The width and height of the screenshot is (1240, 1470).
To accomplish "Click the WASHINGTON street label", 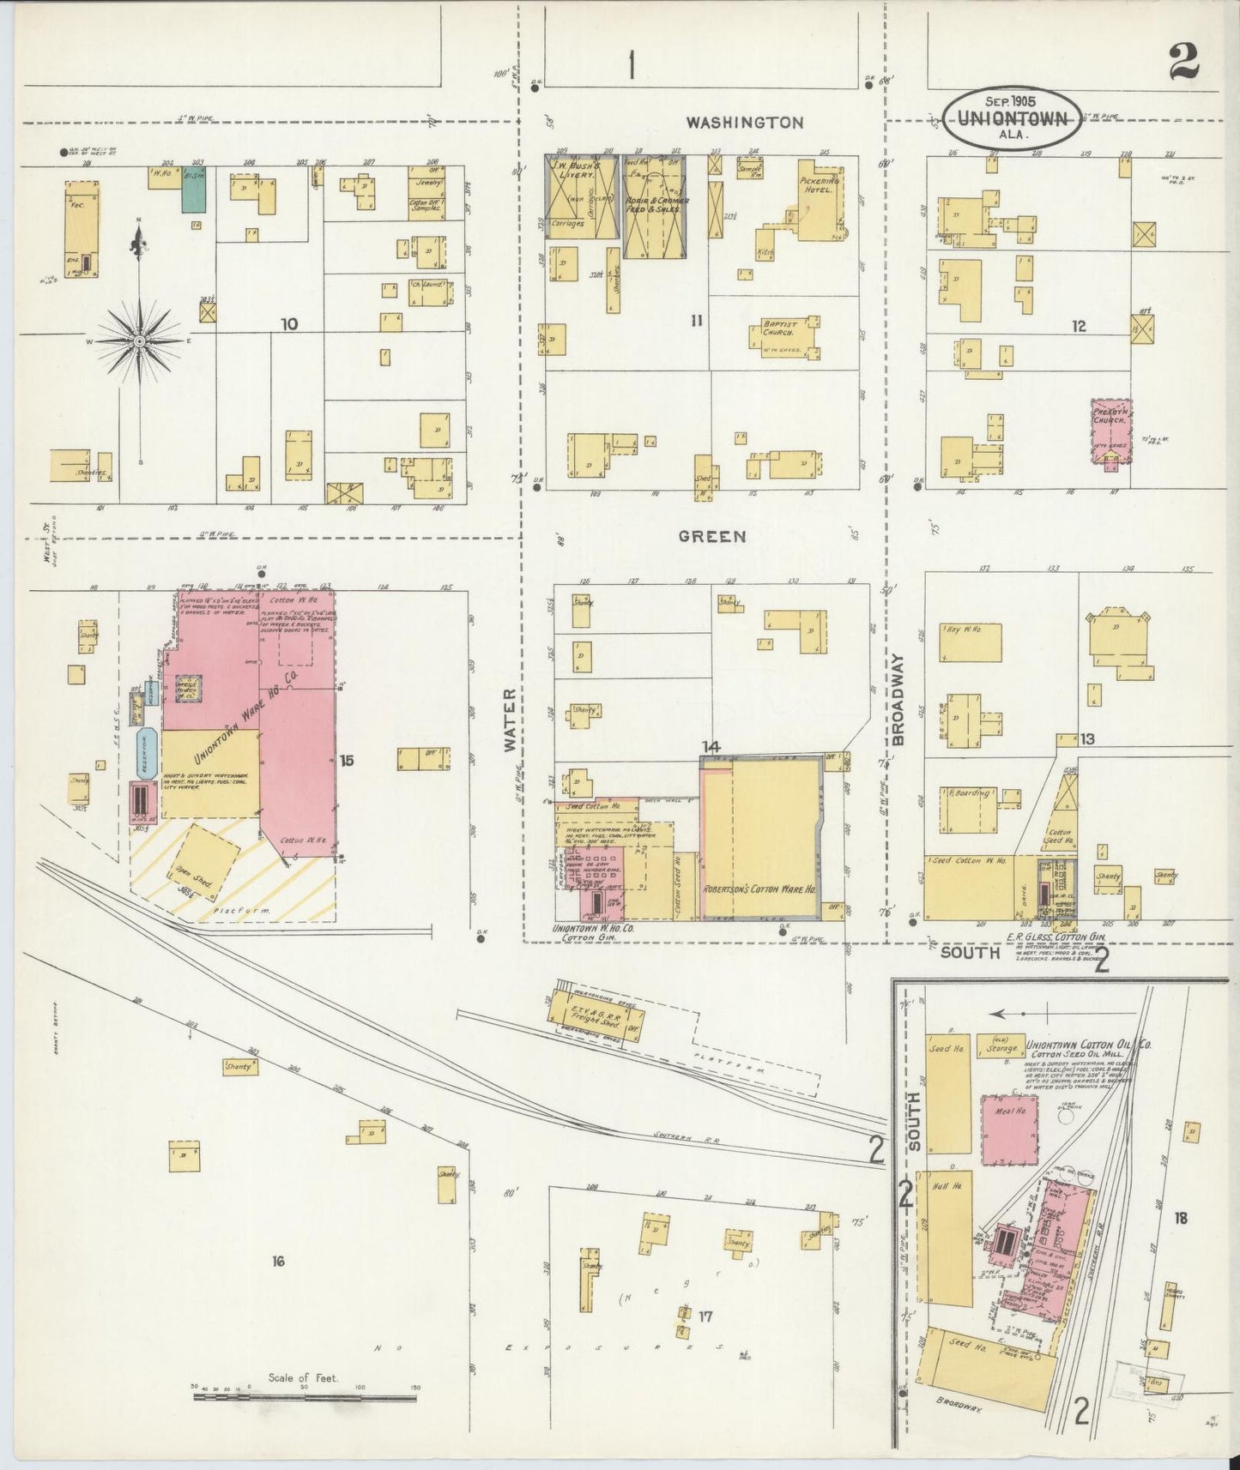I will coord(744,123).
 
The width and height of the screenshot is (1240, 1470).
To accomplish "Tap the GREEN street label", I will coord(711,537).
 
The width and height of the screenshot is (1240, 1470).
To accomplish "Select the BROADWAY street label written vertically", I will coord(898,697).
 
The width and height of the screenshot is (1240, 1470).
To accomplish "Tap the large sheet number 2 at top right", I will coord(1183,60).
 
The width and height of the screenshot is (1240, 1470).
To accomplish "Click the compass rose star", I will coord(139,341).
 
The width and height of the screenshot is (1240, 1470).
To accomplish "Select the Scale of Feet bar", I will coord(305,1397).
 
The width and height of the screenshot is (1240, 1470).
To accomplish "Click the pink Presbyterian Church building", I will coord(1110,430).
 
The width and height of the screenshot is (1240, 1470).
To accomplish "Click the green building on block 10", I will coord(193,189).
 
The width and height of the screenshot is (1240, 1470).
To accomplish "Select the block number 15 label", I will coord(347,760).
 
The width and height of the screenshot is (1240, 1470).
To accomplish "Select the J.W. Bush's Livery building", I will coord(581,196).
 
